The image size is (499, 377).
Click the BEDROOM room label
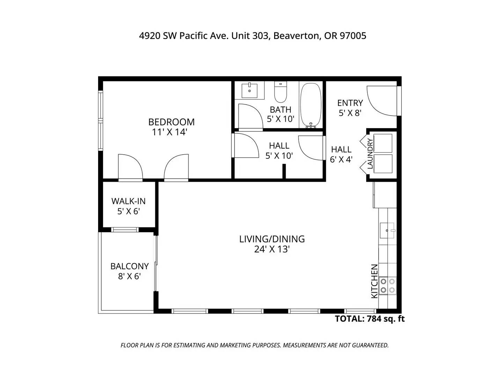tap(171, 122)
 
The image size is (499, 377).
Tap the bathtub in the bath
tap(310, 105)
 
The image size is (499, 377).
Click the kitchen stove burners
tap(387, 286)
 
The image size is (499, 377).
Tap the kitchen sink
tap(387, 230)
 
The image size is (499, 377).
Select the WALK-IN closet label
tap(129, 201)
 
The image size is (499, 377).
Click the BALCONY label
tap(130, 266)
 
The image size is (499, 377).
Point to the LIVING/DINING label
tap(272, 239)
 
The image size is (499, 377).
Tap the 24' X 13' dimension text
tap(272, 250)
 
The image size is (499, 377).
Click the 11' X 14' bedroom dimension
tap(169, 132)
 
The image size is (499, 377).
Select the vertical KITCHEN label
tap(374, 281)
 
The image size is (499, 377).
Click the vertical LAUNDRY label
tap(370, 154)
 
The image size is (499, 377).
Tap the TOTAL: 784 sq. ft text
tap(370, 319)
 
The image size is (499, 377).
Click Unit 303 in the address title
tap(250, 36)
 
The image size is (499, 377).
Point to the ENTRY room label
tap(350, 103)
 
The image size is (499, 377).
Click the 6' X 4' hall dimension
tap(341, 160)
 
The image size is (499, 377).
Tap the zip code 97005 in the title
tap(353, 36)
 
